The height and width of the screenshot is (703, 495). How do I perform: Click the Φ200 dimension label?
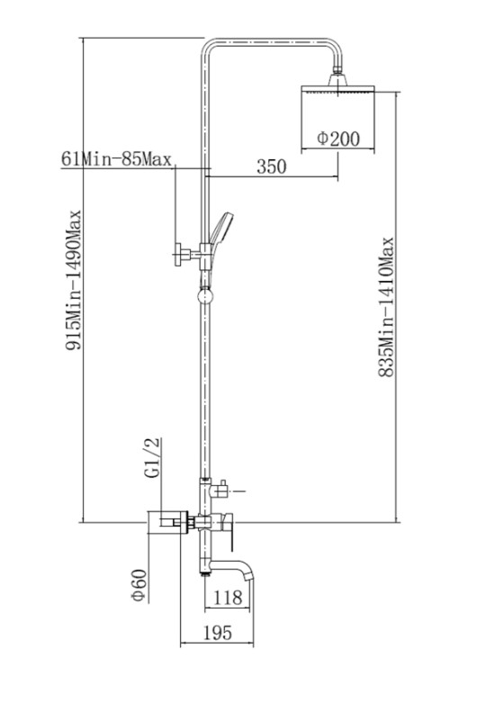tap(338, 139)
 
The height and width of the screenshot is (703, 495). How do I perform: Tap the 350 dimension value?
tap(271, 167)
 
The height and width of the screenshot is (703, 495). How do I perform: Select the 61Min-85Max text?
tap(116, 159)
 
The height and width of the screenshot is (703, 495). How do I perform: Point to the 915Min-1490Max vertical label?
tap(74, 280)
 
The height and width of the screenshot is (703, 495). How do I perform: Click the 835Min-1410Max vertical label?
tap(385, 307)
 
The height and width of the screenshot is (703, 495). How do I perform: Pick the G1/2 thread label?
tap(154, 458)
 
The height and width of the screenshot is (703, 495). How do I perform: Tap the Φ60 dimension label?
tap(139, 585)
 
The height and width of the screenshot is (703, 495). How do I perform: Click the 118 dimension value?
tap(228, 597)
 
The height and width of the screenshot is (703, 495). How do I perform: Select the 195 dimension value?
tap(218, 633)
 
